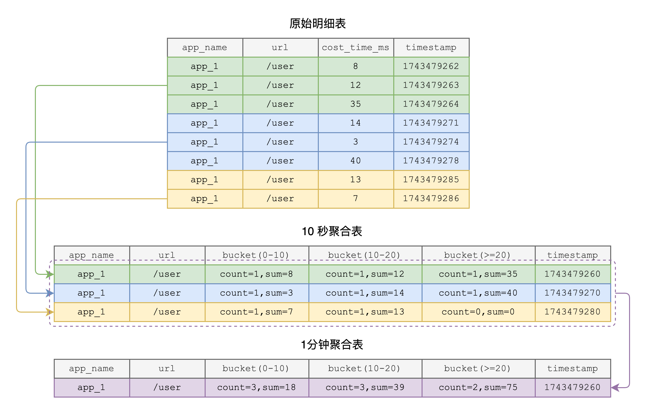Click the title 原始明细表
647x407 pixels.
(318, 24)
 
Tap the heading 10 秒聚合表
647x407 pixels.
(332, 231)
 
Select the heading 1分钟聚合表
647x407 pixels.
(332, 345)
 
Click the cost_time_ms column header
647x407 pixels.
(356, 48)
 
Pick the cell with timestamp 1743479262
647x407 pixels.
(431, 66)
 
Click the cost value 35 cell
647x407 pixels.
(356, 104)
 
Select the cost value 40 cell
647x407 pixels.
(356, 161)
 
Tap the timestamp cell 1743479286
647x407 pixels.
(431, 199)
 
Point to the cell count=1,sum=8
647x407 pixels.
(257, 274)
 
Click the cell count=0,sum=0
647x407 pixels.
(478, 312)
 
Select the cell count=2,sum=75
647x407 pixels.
(478, 387)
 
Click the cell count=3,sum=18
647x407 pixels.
(257, 387)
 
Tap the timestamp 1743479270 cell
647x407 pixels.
(572, 293)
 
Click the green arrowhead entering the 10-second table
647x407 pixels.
(50, 274)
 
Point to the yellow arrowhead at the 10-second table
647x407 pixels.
(50, 312)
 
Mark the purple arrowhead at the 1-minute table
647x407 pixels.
(615, 388)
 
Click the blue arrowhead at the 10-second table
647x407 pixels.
(50, 293)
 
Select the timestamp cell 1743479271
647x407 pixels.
(431, 123)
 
